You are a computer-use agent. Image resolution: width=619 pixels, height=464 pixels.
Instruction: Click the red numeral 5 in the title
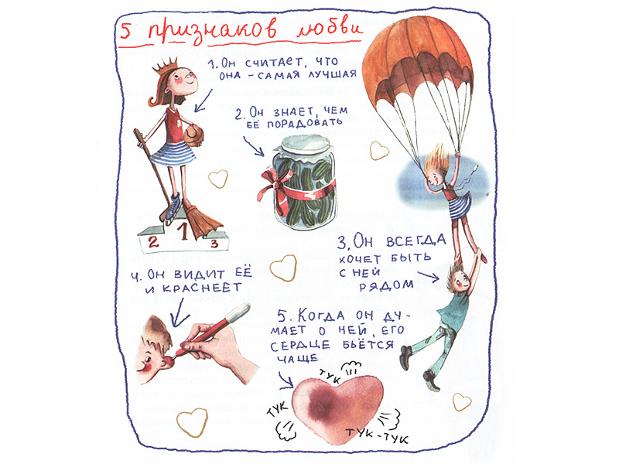(126, 31)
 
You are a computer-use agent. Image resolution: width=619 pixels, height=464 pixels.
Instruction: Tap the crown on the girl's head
(165, 67)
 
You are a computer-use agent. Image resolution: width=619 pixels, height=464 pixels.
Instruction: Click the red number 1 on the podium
(183, 231)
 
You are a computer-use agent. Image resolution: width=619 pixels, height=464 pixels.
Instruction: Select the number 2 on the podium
(153, 241)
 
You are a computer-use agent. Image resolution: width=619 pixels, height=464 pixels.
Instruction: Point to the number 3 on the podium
(214, 244)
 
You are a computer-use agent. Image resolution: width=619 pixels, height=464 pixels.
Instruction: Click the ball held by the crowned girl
(193, 135)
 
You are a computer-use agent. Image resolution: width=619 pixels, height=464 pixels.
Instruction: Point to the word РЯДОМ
(385, 285)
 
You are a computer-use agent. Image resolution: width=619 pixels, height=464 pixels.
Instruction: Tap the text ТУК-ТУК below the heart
(378, 435)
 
